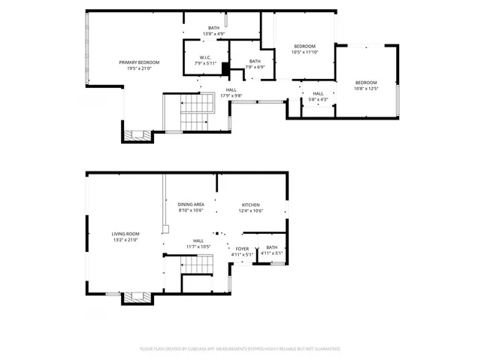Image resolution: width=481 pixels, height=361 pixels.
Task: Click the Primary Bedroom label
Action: click(135, 62)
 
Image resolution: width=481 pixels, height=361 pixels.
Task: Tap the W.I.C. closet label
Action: click(205, 58)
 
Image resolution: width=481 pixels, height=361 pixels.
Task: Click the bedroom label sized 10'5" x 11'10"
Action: click(304, 47)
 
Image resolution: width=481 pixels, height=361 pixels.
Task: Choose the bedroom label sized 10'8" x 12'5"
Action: click(365, 83)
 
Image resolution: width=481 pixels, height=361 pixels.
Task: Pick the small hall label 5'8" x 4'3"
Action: click(318, 94)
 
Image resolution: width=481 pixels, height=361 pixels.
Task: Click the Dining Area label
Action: click(191, 205)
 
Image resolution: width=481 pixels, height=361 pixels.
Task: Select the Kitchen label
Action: click(250, 205)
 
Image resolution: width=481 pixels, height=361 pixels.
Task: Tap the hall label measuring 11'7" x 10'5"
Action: click(198, 241)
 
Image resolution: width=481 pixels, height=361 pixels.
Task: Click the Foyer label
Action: click(242, 248)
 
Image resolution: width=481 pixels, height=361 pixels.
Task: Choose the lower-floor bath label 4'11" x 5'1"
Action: click(271, 248)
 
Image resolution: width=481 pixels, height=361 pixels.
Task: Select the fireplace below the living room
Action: click(138, 297)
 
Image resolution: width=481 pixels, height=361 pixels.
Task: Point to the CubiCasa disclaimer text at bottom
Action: click(240, 349)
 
